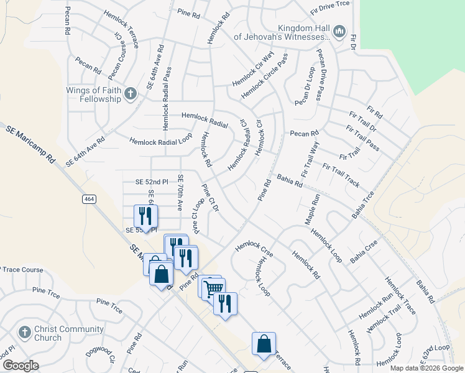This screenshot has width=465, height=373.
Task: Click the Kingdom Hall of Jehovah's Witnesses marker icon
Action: pyautogui.click(x=339, y=31)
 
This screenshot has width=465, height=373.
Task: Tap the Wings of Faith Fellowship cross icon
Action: pyautogui.click(x=130, y=94)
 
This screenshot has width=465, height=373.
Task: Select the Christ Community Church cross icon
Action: pyautogui.click(x=25, y=333)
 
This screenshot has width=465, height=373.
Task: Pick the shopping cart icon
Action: pyautogui.click(x=213, y=287)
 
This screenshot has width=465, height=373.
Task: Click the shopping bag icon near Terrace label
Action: pyautogui.click(x=264, y=344)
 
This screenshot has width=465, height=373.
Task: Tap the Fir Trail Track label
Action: pyautogui.click(x=341, y=175)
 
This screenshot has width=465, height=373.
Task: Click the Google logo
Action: pyautogui.click(x=21, y=366)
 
